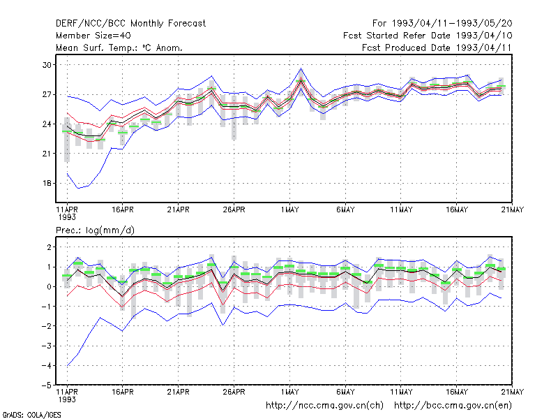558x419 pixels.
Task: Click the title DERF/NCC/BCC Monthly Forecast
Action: pyautogui.click(x=130, y=24)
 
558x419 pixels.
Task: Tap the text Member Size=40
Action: pyautogui.click(x=93, y=36)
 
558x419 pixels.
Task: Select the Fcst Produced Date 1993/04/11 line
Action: pyautogui.click(x=437, y=47)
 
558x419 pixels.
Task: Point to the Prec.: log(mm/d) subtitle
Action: pyautogui.click(x=95, y=230)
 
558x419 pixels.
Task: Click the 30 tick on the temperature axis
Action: pyautogui.click(x=47, y=65)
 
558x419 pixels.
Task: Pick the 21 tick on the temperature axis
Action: pyautogui.click(x=47, y=154)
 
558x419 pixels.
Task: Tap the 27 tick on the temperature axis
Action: pyautogui.click(x=47, y=94)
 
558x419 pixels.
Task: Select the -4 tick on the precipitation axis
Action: pyautogui.click(x=46, y=365)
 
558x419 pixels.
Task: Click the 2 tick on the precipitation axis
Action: pyautogui.click(x=49, y=247)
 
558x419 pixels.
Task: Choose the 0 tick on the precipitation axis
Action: pyautogui.click(x=49, y=286)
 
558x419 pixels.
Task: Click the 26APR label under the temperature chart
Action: pyautogui.click(x=234, y=209)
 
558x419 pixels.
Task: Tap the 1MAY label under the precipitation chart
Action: pyautogui.click(x=289, y=392)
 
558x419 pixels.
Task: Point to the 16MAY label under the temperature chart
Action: pyautogui.click(x=457, y=209)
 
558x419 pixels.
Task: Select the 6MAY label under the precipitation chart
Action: pyautogui.click(x=345, y=392)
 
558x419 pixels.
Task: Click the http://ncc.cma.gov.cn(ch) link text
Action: pyautogui.click(x=324, y=406)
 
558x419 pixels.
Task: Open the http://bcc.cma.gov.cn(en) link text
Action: pyautogui.click(x=453, y=406)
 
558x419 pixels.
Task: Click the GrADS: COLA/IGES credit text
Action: pyautogui.click(x=31, y=415)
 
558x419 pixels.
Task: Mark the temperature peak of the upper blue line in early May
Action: pyautogui.click(x=301, y=68)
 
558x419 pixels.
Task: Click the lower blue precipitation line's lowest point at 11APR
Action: pyautogui.click(x=67, y=365)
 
